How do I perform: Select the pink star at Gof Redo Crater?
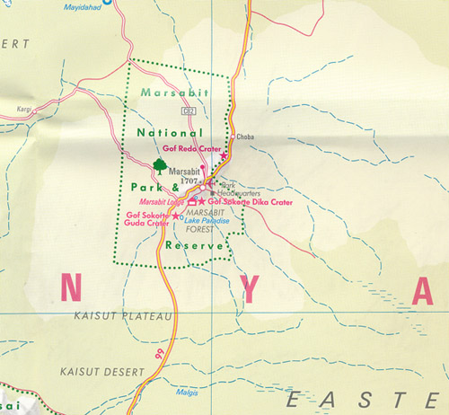[x=224, y=155]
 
